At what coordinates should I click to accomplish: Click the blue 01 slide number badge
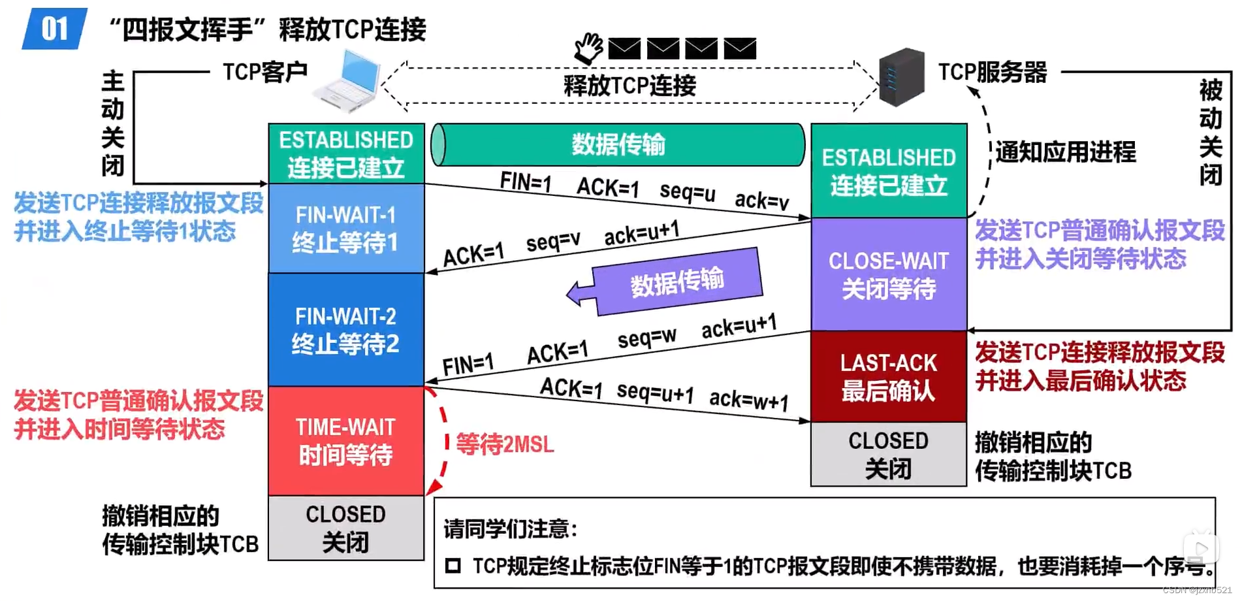coord(55,29)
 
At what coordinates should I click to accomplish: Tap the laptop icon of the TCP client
coord(348,82)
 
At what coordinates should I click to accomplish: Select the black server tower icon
coord(901,77)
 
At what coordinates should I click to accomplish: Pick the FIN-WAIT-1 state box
coord(346,228)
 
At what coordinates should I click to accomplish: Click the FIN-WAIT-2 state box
coord(346,330)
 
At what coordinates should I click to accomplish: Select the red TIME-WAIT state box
coord(346,441)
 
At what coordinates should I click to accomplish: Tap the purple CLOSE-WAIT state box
coord(888,274)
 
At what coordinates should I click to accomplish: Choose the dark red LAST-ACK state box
coord(888,376)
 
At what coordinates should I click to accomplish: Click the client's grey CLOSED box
coord(346,528)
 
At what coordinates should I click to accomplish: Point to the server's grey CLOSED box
coord(888,454)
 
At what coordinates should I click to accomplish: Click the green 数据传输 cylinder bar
coord(618,144)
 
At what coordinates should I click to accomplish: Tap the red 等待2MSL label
coord(505,445)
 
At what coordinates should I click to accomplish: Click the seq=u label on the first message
coord(687,191)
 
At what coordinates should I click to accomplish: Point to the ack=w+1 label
coord(748,398)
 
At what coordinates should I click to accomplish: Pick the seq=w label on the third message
coord(646,338)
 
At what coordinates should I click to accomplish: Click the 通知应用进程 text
coord(1065,152)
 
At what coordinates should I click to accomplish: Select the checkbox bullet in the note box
coord(453,566)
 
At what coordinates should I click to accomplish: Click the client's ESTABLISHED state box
coord(346,154)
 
